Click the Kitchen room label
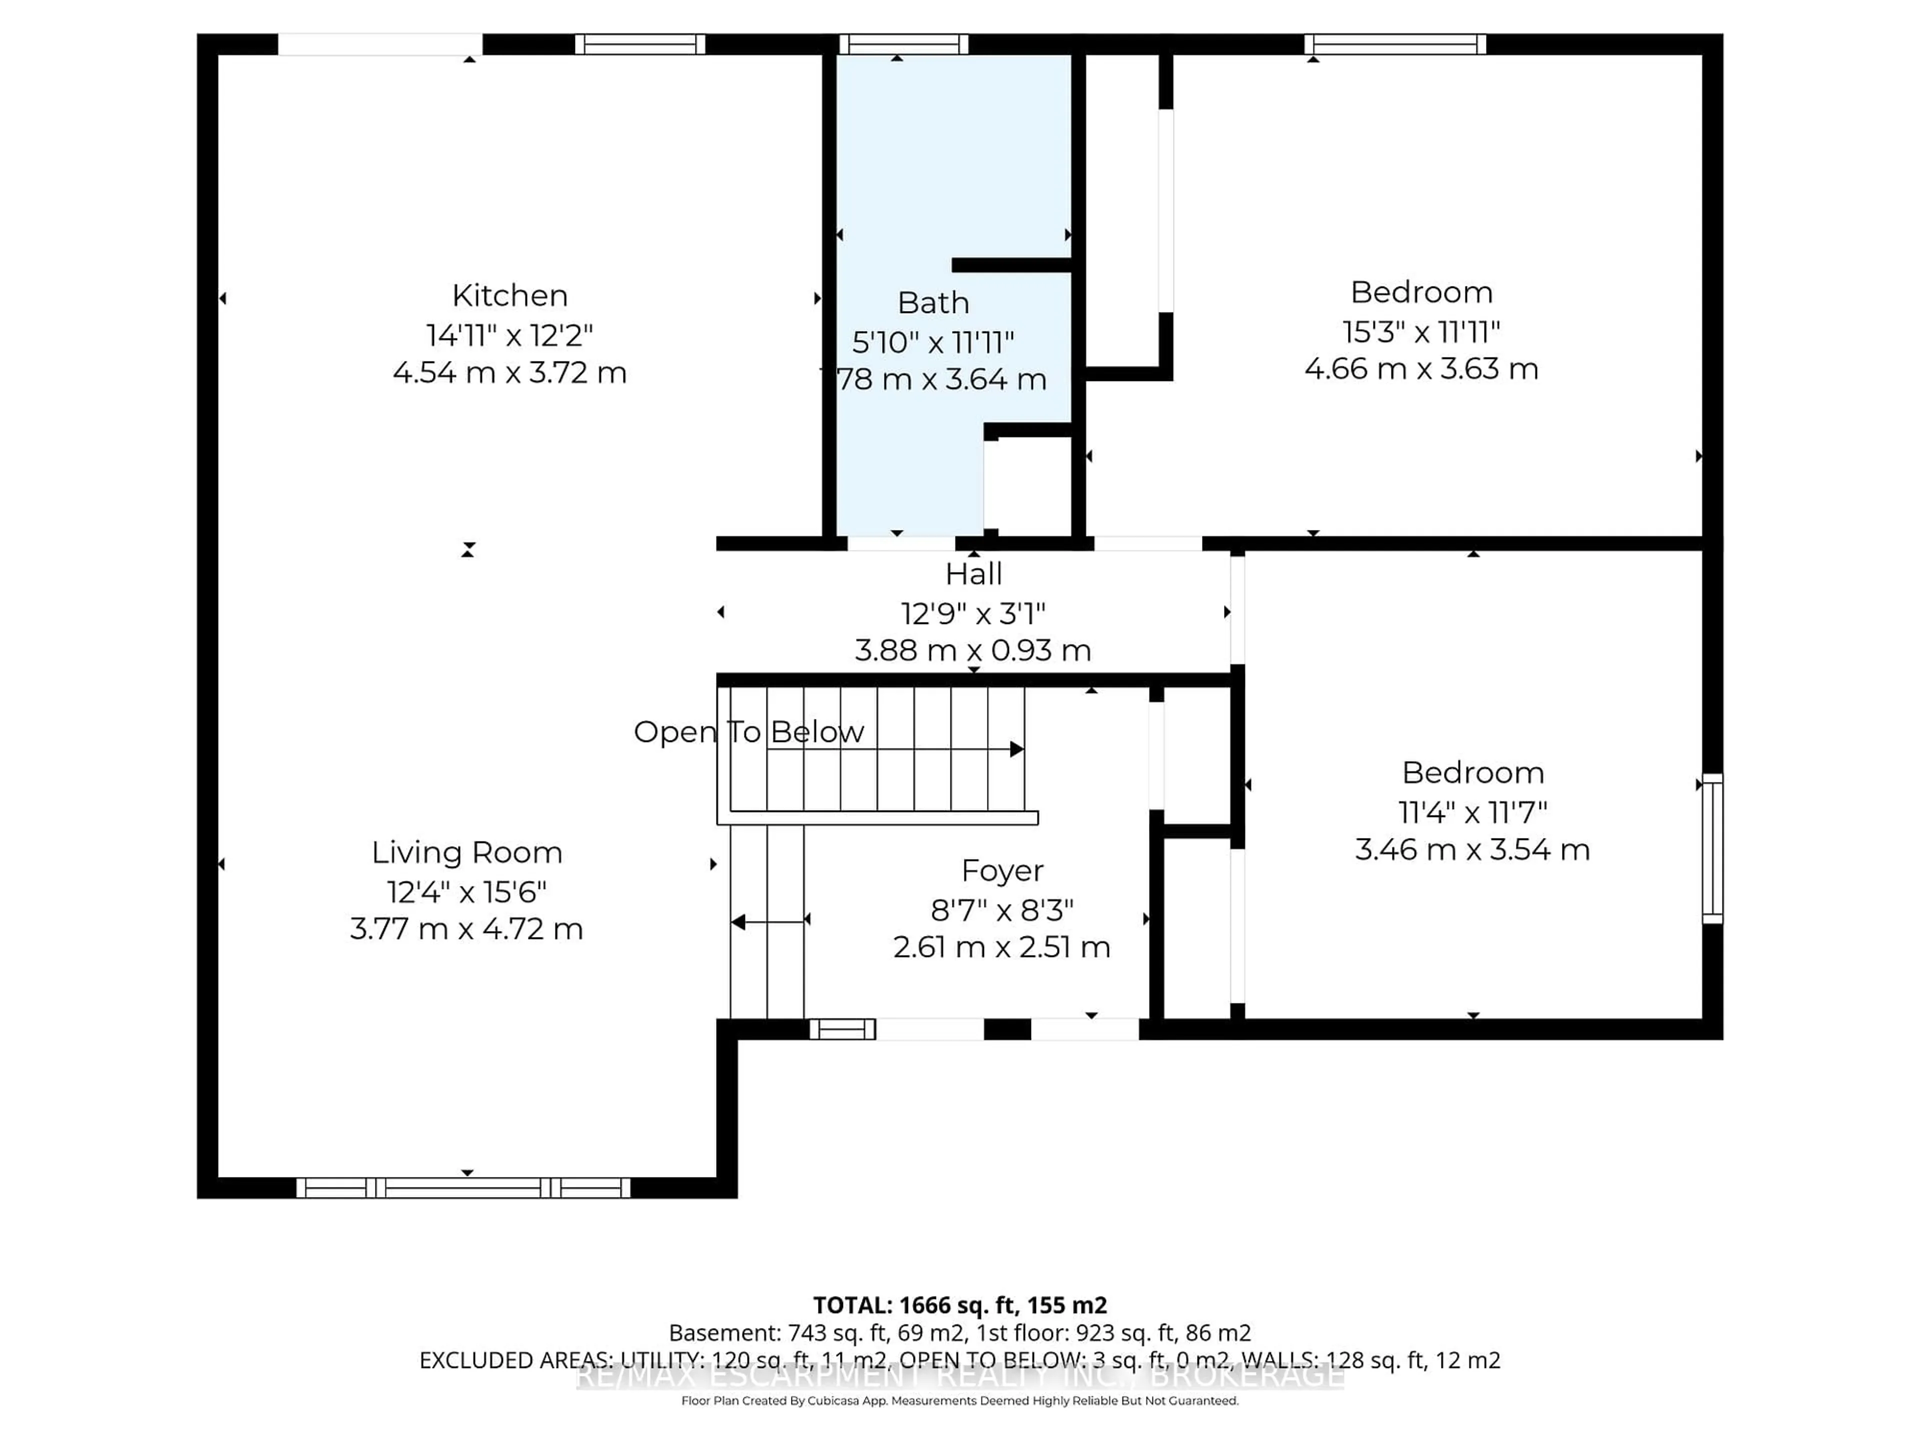click(x=509, y=296)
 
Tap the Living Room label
click(x=467, y=852)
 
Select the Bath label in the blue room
click(x=933, y=303)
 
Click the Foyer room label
click(x=1002, y=870)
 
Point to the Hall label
click(x=973, y=573)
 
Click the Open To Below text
click(x=748, y=731)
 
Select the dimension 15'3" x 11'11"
click(x=1421, y=331)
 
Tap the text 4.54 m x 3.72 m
click(x=509, y=372)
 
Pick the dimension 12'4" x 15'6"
click(x=467, y=891)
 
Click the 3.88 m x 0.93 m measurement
click(x=973, y=650)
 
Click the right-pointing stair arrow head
click(x=1016, y=749)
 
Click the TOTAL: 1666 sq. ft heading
click(x=959, y=1305)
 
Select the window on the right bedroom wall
click(x=1711, y=848)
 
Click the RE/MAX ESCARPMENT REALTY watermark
click(x=959, y=1376)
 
